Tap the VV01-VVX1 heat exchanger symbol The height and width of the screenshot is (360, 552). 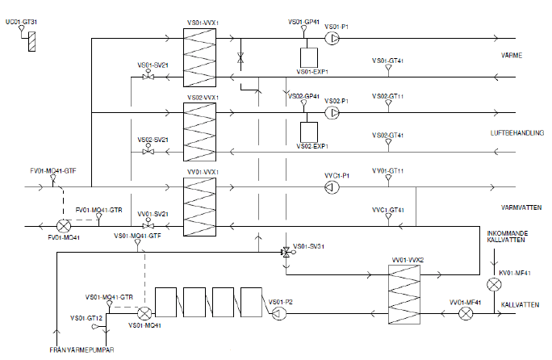(x=199, y=207)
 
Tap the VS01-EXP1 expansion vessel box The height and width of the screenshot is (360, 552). (x=307, y=57)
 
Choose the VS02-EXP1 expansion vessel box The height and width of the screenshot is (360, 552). (x=307, y=132)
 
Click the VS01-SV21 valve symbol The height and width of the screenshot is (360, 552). (x=148, y=77)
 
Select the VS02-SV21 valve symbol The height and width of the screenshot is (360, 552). (x=148, y=151)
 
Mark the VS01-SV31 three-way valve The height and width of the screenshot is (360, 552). (x=284, y=253)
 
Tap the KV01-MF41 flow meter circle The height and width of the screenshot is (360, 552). (x=494, y=284)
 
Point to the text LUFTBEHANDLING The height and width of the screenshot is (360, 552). (x=516, y=132)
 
